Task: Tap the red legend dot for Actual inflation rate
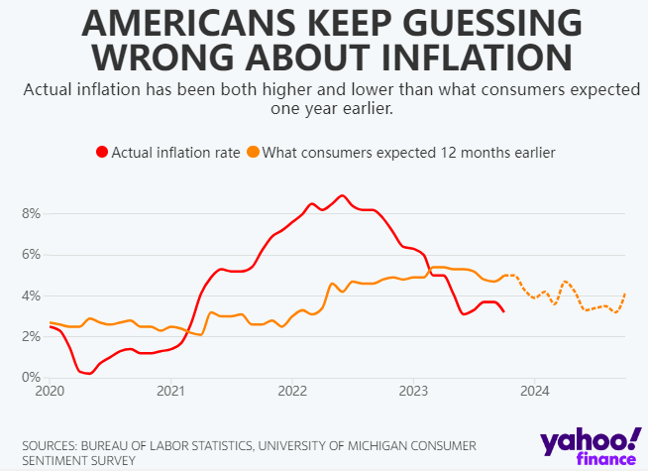[x=101, y=153]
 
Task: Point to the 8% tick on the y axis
[x=31, y=213]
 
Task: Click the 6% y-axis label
[x=31, y=255]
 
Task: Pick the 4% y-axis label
[x=31, y=295]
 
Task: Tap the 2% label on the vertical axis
[x=31, y=337]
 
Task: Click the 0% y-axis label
[x=31, y=378]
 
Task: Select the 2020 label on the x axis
[x=49, y=391]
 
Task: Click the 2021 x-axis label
[x=170, y=391]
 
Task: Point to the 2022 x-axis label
[x=291, y=391]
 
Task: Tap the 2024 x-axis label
[x=534, y=391]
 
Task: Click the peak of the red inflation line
[x=342, y=195]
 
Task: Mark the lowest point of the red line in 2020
[x=90, y=374]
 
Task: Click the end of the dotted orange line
[x=625, y=294]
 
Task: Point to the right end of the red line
[x=503, y=311]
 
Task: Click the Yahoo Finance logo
[x=589, y=446]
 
